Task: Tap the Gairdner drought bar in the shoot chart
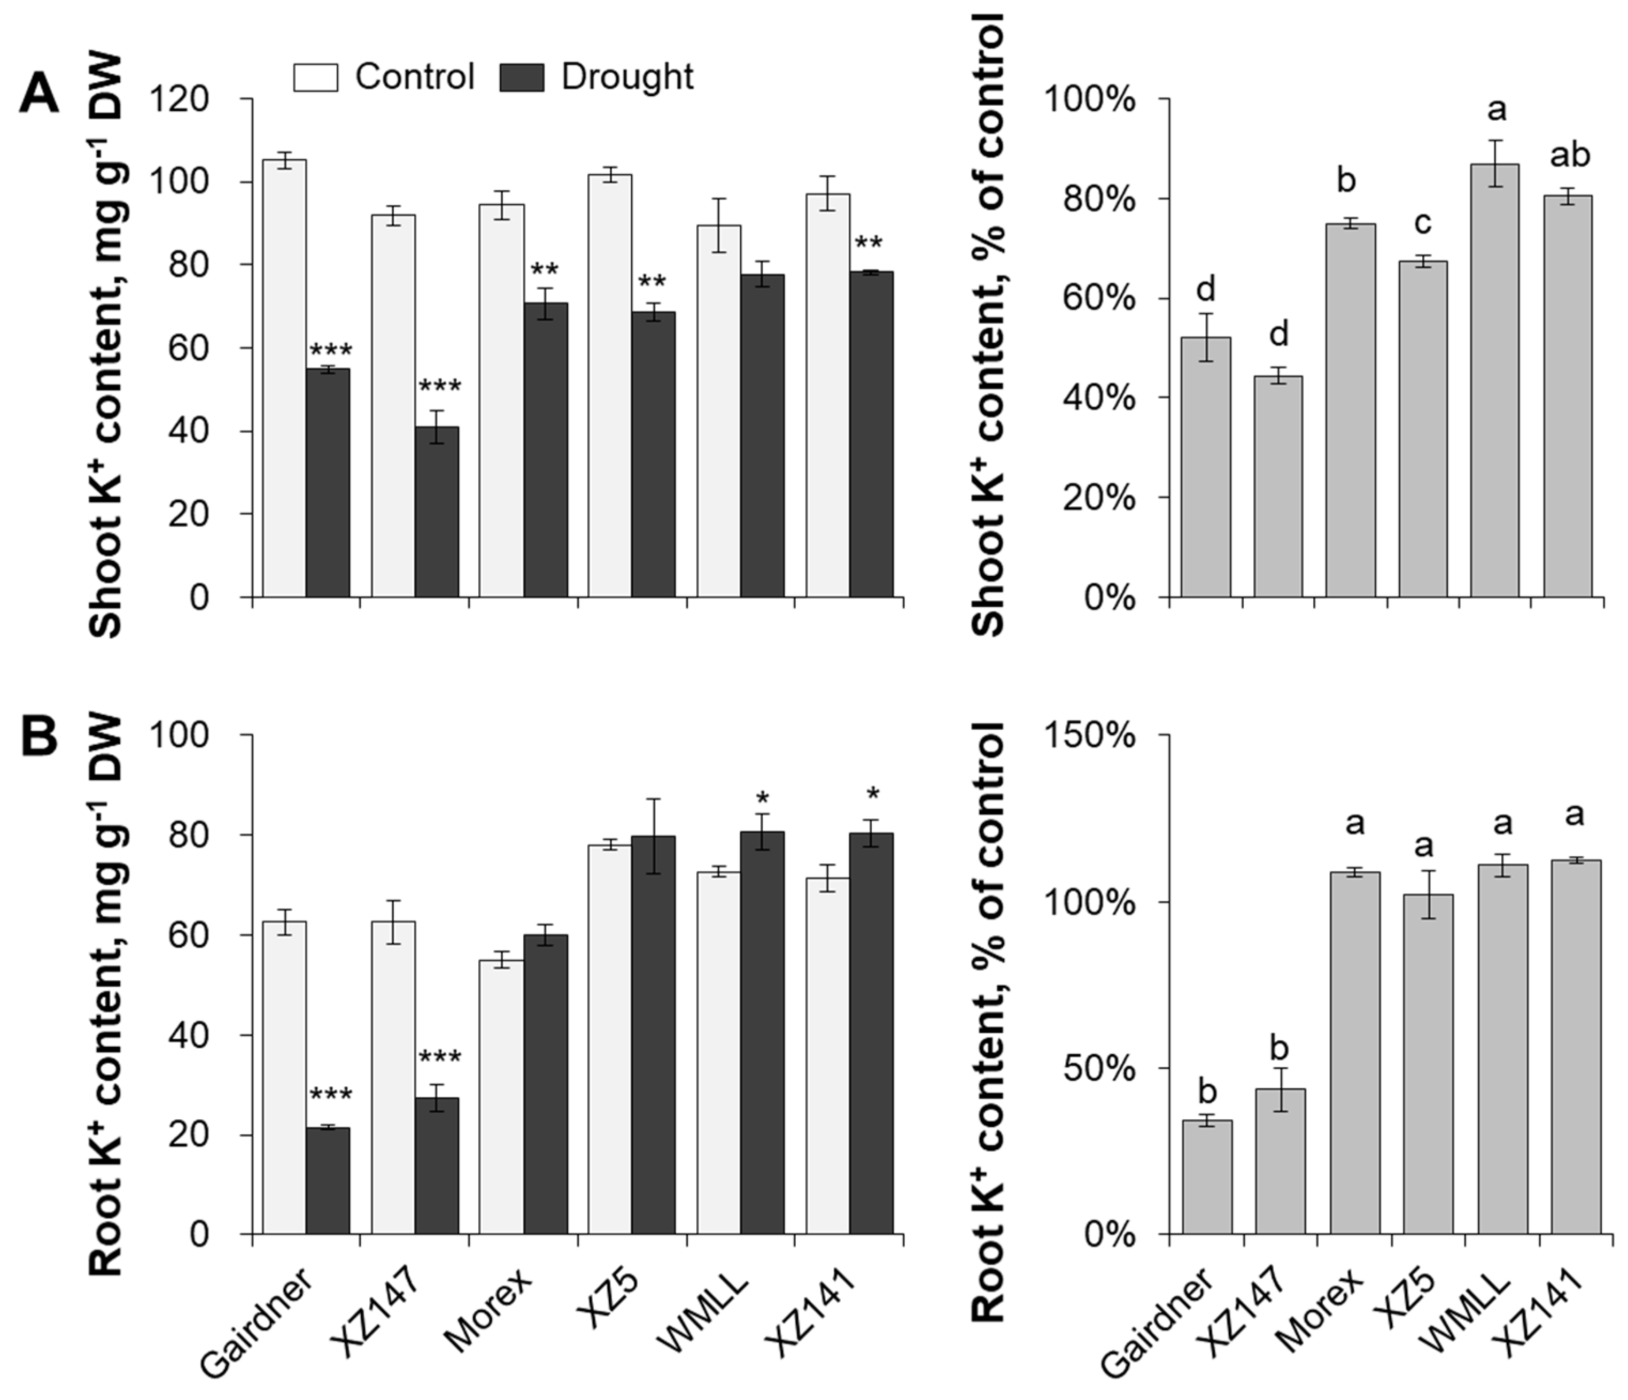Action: [x=328, y=482]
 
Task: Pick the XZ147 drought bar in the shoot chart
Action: [x=437, y=512]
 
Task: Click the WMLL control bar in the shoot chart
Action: [x=719, y=411]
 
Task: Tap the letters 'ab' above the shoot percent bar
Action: [x=1570, y=156]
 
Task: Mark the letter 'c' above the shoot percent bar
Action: [x=1423, y=224]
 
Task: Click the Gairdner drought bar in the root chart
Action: [x=328, y=1181]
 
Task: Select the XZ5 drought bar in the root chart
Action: [x=654, y=1035]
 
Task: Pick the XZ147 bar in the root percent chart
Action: [x=1280, y=1161]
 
